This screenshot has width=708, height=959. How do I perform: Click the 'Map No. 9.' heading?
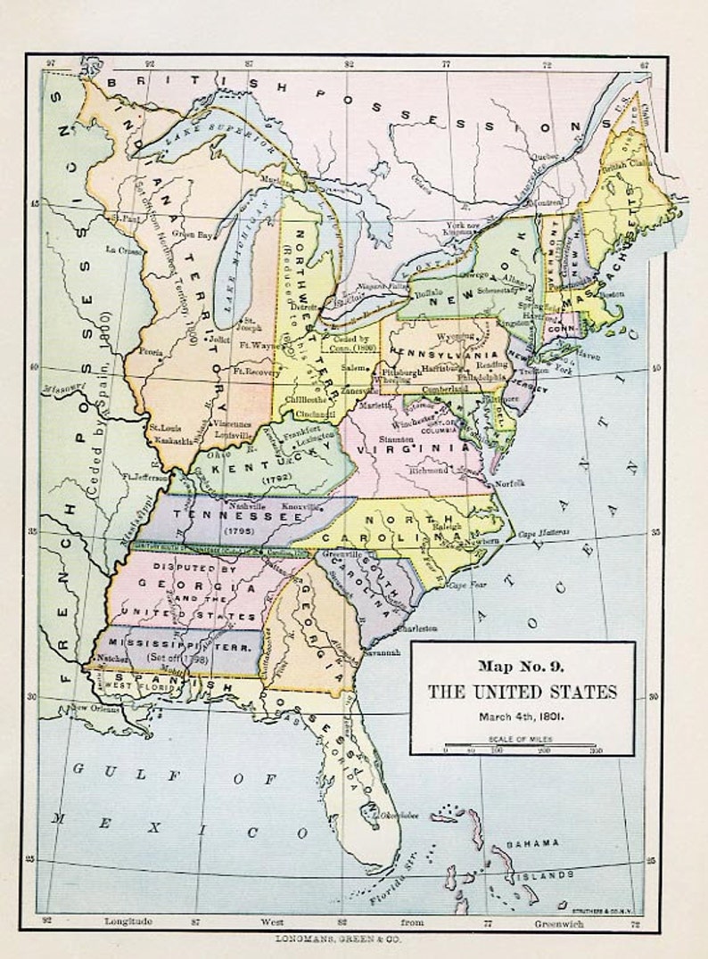pos(522,665)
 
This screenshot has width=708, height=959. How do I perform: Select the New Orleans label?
pos(95,708)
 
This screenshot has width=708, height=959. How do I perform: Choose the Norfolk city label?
pos(510,482)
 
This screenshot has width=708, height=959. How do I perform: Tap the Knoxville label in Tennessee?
pos(300,506)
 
